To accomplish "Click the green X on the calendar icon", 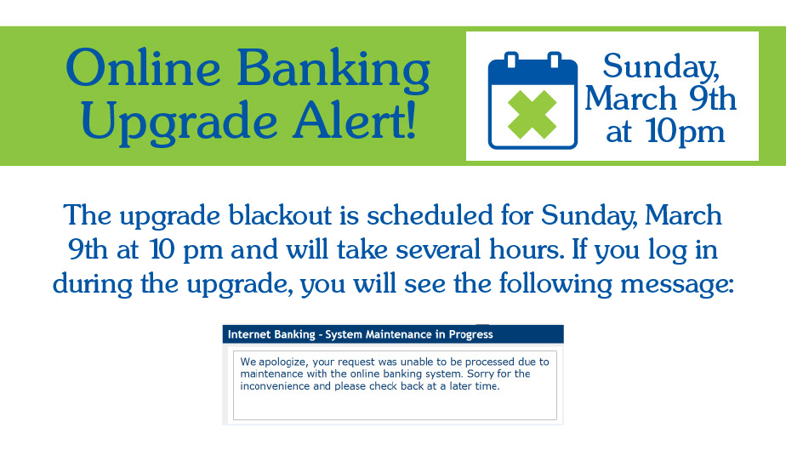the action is tap(533, 115).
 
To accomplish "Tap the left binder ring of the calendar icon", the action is tap(511, 60).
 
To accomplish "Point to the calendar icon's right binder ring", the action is tap(554, 60).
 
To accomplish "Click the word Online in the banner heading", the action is tap(143, 67).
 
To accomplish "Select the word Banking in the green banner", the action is tap(333, 70).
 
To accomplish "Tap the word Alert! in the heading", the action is tap(355, 121).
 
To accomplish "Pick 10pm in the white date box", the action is tap(686, 132).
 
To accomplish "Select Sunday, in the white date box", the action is tap(661, 66).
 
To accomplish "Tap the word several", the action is tap(438, 249).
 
